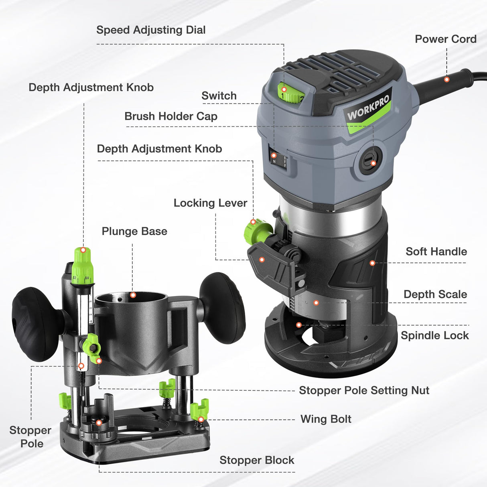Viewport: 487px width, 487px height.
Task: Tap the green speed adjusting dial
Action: pyautogui.click(x=290, y=92)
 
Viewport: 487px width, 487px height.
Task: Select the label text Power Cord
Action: pyautogui.click(x=445, y=39)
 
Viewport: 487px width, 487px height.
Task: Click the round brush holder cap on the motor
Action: pyautogui.click(x=369, y=160)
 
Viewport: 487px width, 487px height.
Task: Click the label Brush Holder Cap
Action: pyautogui.click(x=171, y=116)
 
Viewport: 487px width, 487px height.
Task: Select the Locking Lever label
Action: pyautogui.click(x=210, y=203)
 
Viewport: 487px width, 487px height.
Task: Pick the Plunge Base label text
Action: pyautogui.click(x=134, y=231)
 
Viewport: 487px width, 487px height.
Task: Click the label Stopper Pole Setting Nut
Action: pyautogui.click(x=364, y=390)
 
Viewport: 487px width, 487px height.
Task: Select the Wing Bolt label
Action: pyautogui.click(x=326, y=419)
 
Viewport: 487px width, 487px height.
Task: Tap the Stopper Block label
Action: pyautogui.click(x=257, y=460)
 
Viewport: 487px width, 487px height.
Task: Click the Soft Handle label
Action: pyautogui.click(x=436, y=252)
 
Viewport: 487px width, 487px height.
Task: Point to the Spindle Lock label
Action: pyautogui.click(x=435, y=335)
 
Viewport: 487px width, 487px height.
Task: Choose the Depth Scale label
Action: pyautogui.click(x=435, y=294)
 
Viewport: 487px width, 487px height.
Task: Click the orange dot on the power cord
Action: pyautogui.click(x=446, y=79)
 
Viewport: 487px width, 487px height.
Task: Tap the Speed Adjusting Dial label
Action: pyautogui.click(x=151, y=30)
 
